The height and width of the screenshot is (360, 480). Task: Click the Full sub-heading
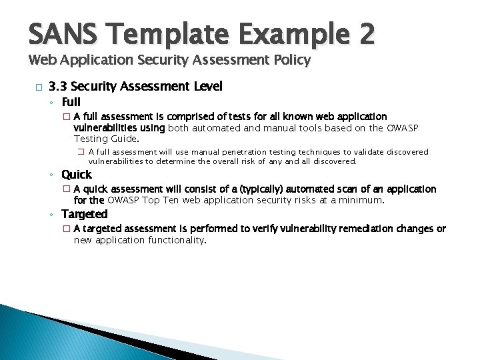(x=71, y=102)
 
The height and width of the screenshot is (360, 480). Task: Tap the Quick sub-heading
(x=77, y=175)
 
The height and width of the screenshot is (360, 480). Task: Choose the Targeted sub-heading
(x=84, y=214)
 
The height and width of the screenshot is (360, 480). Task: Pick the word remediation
(x=360, y=229)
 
